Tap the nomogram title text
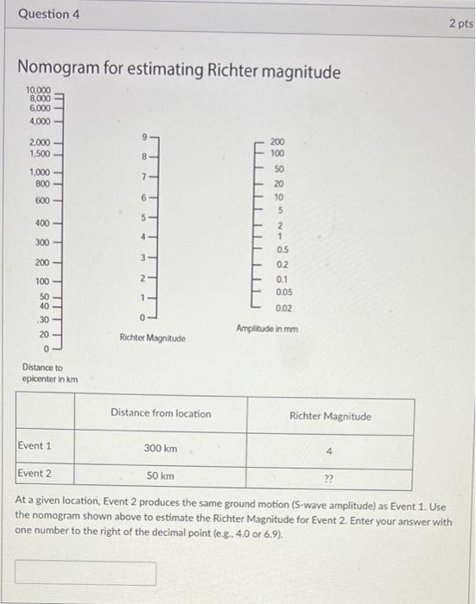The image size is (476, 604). click(x=179, y=71)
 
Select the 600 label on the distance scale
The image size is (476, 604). click(x=42, y=200)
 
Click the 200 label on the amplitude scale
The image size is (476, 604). click(x=276, y=141)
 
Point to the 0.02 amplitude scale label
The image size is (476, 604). click(x=283, y=308)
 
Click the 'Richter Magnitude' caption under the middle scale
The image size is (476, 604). click(x=151, y=337)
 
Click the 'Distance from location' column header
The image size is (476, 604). click(x=161, y=413)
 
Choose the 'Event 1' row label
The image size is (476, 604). click(x=35, y=446)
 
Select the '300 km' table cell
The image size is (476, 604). click(x=161, y=449)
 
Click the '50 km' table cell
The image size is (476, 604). click(x=161, y=475)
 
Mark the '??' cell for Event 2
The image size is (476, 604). click(x=329, y=477)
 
